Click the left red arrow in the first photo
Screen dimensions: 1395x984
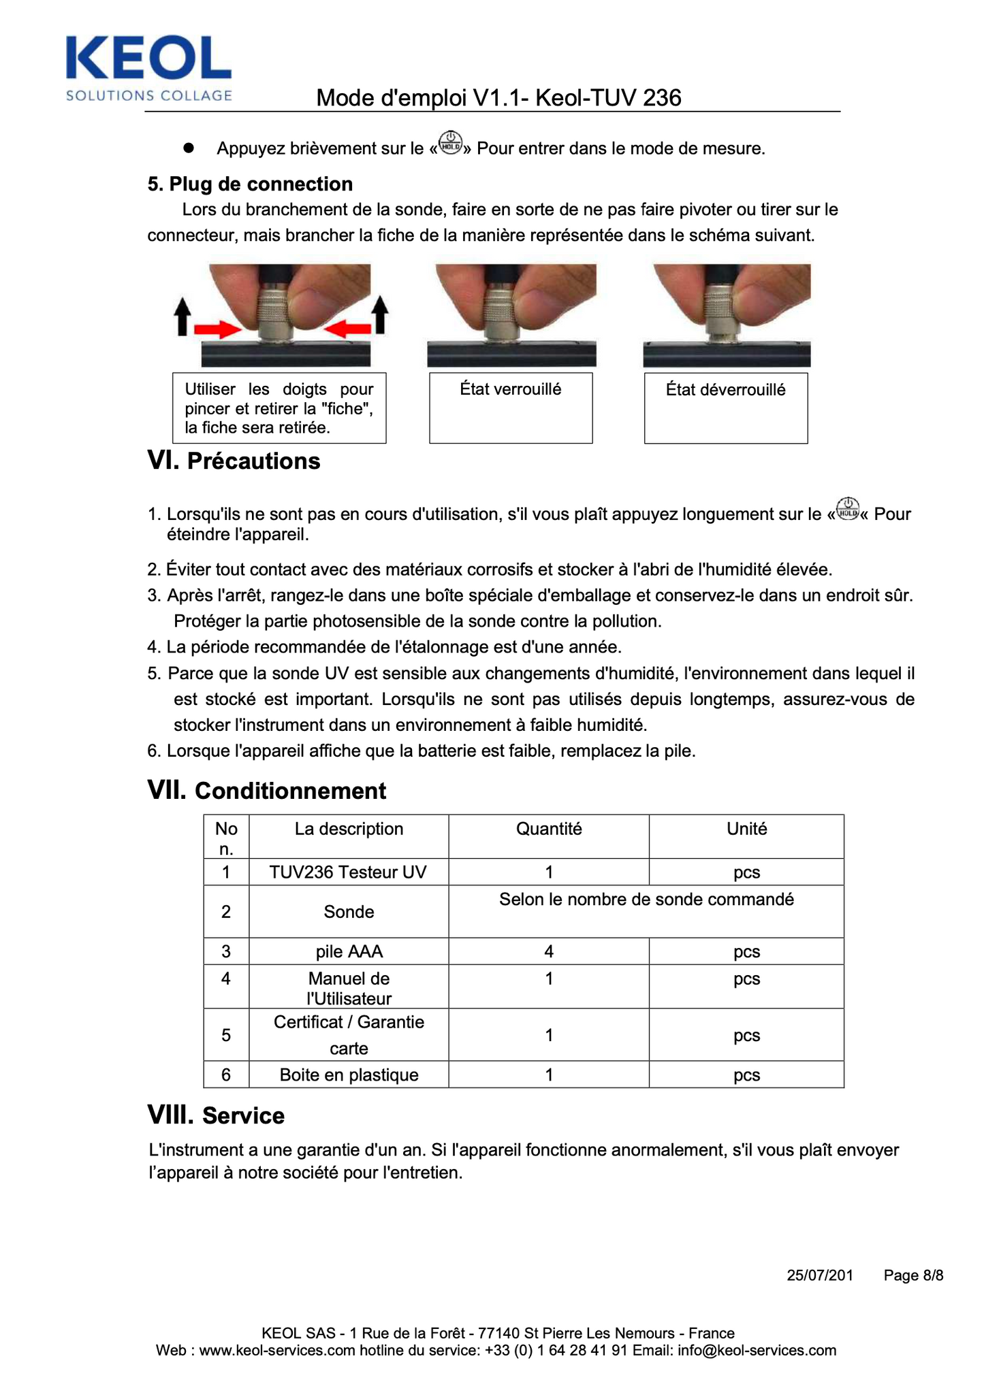[217, 330]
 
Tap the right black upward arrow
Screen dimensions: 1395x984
[380, 314]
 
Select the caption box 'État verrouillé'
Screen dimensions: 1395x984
[511, 407]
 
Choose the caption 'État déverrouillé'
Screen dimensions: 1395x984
[726, 407]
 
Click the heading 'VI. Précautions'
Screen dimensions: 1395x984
[234, 461]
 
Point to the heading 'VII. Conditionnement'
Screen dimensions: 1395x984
[267, 791]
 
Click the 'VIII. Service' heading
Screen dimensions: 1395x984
[216, 1115]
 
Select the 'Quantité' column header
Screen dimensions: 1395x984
[549, 829]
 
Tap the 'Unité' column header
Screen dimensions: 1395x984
[746, 829]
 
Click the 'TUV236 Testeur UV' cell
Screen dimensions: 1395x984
[348, 872]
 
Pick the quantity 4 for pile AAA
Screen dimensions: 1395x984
[549, 951]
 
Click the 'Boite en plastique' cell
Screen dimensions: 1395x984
[349, 1075]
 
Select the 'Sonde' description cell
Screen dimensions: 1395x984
[349, 912]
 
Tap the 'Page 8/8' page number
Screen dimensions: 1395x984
[913, 1275]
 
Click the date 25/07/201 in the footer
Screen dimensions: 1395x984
[820, 1275]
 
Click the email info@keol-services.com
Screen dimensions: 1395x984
[757, 1351]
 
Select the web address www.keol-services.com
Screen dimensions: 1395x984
[277, 1351]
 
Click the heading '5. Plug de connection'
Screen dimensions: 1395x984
[250, 184]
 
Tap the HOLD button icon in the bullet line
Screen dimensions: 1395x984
[450, 143]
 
